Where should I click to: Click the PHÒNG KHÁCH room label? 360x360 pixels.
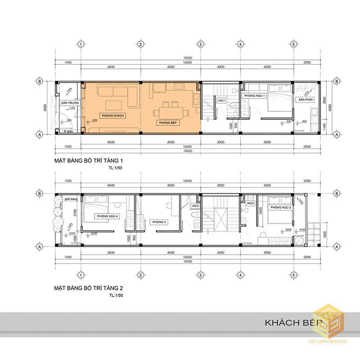coord(113,116)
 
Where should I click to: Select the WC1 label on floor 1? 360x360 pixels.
coord(221,100)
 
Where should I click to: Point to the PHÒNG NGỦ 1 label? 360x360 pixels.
coord(255,96)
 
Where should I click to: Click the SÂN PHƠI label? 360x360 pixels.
coord(305,99)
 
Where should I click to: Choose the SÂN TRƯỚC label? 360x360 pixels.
coord(70,103)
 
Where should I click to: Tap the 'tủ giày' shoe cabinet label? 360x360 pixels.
coord(68,131)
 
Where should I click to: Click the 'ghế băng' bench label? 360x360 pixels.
coord(69,198)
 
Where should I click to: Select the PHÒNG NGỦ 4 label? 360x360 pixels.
coord(107,216)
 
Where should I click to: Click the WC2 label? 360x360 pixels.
coord(195,206)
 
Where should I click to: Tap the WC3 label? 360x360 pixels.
coord(251,203)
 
